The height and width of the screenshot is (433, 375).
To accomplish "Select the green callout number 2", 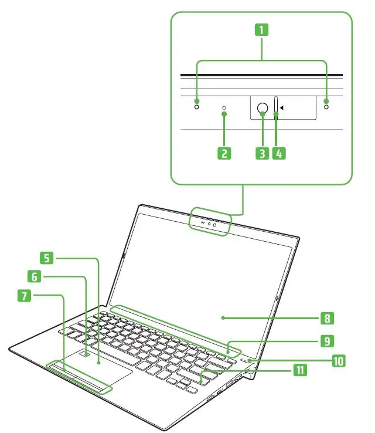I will click(x=224, y=154).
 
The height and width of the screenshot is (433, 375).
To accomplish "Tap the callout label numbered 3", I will click(x=262, y=154).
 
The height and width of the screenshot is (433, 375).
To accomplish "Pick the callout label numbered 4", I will click(x=279, y=154).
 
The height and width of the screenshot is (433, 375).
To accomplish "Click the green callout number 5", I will click(x=48, y=257).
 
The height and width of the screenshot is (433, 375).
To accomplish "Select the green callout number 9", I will click(x=327, y=340).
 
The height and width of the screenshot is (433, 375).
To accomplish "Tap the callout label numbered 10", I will click(x=338, y=360).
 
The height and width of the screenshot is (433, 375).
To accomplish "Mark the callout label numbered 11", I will click(x=299, y=370).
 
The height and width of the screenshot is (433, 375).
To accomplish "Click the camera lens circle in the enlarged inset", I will click(x=262, y=107).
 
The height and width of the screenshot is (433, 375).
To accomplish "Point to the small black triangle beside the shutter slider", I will click(x=282, y=107).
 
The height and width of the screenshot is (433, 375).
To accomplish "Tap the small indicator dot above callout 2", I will click(x=224, y=109).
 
